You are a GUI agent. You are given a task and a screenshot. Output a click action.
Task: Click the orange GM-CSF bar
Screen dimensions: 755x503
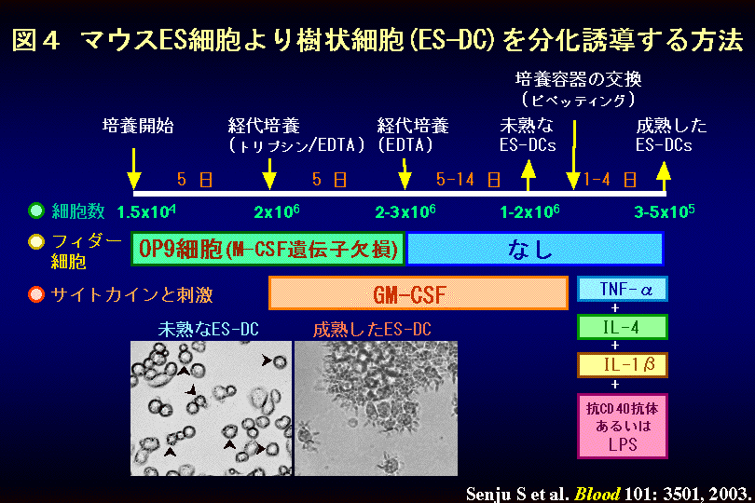pyautogui.click(x=418, y=293)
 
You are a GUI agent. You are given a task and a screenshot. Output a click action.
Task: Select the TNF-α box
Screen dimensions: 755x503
pyautogui.click(x=622, y=289)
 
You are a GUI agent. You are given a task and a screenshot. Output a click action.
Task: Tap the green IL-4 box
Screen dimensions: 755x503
pyautogui.click(x=622, y=327)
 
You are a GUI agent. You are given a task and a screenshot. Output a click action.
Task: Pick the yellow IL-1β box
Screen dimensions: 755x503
pyautogui.click(x=622, y=365)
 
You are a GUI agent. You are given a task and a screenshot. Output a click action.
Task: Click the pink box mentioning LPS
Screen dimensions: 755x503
pyautogui.click(x=622, y=426)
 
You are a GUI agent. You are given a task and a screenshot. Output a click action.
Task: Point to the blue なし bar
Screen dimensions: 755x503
pyautogui.click(x=534, y=249)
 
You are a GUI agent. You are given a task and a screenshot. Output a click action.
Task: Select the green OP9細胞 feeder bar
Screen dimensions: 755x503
pyautogui.click(x=268, y=249)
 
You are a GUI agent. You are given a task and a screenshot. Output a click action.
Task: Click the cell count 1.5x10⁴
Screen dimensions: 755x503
pyautogui.click(x=146, y=211)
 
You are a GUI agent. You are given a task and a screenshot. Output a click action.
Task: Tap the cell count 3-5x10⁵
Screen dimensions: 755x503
pyautogui.click(x=665, y=211)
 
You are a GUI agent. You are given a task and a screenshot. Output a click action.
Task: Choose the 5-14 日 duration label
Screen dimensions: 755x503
pyautogui.click(x=468, y=180)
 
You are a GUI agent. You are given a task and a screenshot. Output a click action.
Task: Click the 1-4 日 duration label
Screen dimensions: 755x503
pyautogui.click(x=611, y=180)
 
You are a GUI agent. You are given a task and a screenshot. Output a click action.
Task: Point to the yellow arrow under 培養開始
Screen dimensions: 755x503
pyautogui.click(x=134, y=169)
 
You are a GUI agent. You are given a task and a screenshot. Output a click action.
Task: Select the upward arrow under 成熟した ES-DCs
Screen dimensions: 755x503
pyautogui.click(x=664, y=177)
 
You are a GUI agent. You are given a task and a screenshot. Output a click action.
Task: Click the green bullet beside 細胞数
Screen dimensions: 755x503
pyautogui.click(x=36, y=211)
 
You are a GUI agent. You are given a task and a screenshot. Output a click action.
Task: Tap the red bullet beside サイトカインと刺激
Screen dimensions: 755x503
pyautogui.click(x=36, y=294)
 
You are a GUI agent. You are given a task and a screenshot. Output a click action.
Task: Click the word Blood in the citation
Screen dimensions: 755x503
pyautogui.click(x=597, y=494)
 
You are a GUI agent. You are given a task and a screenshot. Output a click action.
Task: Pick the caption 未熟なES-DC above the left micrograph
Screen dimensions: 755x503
pyautogui.click(x=209, y=329)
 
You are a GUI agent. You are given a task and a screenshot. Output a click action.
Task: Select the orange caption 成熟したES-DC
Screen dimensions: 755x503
pyautogui.click(x=372, y=329)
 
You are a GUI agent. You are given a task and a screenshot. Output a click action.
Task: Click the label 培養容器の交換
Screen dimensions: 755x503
pyautogui.click(x=578, y=79)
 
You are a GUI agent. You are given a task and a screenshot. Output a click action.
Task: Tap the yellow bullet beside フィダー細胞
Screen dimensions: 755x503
pyautogui.click(x=36, y=241)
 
